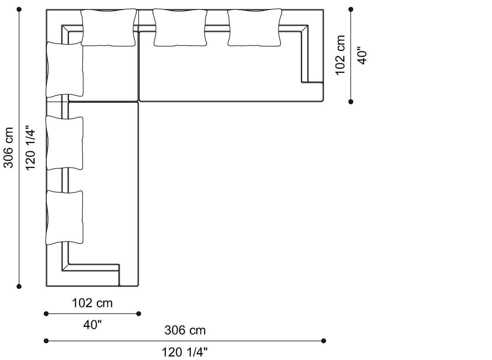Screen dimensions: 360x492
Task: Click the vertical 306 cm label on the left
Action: coord(8,147)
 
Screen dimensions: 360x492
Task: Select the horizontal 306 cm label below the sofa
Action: coord(185,330)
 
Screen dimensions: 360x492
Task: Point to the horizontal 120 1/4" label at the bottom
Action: coord(184,352)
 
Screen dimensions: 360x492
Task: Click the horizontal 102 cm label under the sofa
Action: coord(92,303)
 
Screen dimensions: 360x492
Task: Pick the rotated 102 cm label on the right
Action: coord(340,55)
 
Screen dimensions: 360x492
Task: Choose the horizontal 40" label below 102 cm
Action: coord(92,325)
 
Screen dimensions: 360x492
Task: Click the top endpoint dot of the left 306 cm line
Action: coord(19,9)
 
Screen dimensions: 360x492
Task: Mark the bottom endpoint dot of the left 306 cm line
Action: coord(19,287)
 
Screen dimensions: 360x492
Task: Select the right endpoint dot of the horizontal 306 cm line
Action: coord(324,341)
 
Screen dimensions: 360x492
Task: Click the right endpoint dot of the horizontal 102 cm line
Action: coord(138,314)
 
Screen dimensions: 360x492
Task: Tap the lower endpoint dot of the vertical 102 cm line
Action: coord(351,102)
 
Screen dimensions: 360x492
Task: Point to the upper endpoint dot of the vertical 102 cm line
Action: coord(351,9)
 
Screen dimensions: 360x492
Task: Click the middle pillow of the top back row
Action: coord(180,28)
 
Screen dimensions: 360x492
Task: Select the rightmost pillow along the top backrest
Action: coord(254,28)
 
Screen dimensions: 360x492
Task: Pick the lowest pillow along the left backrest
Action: coord(65,217)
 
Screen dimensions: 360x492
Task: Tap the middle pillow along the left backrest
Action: coord(65,144)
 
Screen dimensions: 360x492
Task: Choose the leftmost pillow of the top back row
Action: coord(108,28)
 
